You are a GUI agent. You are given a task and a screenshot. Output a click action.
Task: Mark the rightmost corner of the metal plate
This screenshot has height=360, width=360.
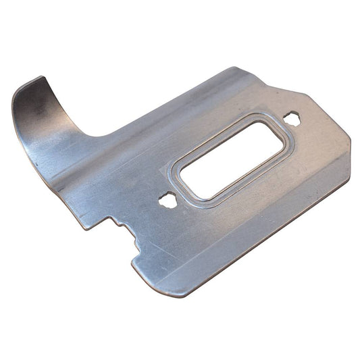tap(349, 141)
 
